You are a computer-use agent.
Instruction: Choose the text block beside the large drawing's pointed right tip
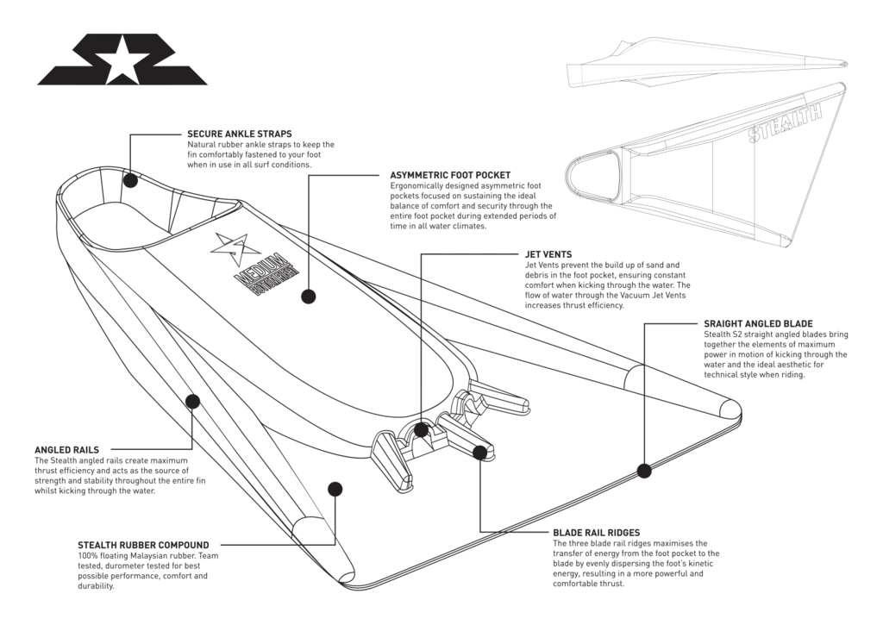coord(772,349)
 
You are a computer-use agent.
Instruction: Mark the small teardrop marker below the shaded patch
coord(300,295)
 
